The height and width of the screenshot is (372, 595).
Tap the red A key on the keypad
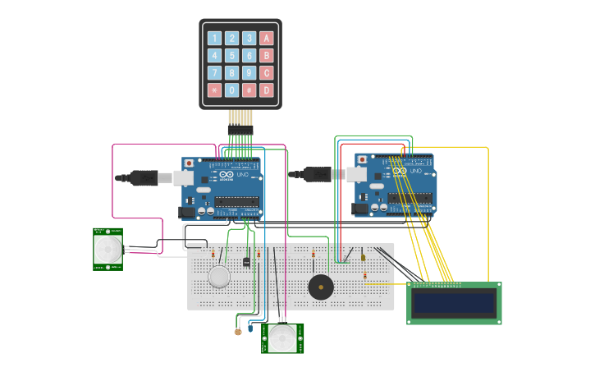[266, 38]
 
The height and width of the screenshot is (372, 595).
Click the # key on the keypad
[249, 90]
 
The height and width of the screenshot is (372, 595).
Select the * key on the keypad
[214, 90]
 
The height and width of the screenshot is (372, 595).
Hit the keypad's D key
[266, 90]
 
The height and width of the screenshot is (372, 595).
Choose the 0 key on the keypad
[231, 90]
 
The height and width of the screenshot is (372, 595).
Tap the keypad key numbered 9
[249, 72]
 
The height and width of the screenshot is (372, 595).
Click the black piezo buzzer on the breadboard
[320, 287]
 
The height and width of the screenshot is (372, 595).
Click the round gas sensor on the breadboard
[219, 277]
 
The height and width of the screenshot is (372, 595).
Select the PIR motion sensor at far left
[108, 249]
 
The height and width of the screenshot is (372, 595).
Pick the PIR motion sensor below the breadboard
[282, 338]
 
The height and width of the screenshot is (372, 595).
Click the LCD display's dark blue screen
[454, 303]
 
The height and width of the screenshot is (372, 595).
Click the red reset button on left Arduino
[189, 163]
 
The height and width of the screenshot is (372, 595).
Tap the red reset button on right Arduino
[362, 158]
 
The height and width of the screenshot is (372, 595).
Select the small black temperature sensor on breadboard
[246, 261]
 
